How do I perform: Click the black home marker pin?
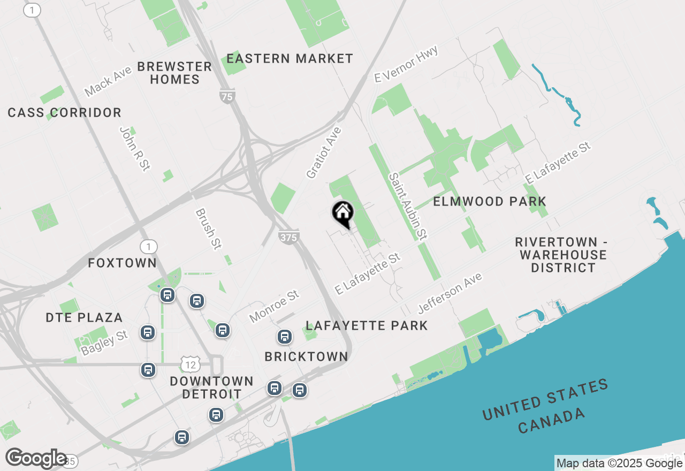(342, 213)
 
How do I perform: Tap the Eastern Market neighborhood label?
(290, 58)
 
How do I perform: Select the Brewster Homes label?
(174, 73)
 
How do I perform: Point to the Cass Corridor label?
(65, 113)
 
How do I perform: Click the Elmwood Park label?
(490, 202)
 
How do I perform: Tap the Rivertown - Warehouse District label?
(561, 255)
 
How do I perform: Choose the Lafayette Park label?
(367, 325)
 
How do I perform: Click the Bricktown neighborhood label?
(307, 356)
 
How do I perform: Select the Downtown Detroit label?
(211, 388)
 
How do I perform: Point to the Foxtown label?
(123, 263)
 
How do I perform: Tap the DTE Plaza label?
(85, 317)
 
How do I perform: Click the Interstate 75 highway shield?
(227, 96)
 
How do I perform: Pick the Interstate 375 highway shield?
(288, 237)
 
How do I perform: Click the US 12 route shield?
(191, 364)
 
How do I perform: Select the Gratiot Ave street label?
(324, 153)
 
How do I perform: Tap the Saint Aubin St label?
(408, 206)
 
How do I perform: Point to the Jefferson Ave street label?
(450, 293)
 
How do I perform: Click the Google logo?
(36, 459)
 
